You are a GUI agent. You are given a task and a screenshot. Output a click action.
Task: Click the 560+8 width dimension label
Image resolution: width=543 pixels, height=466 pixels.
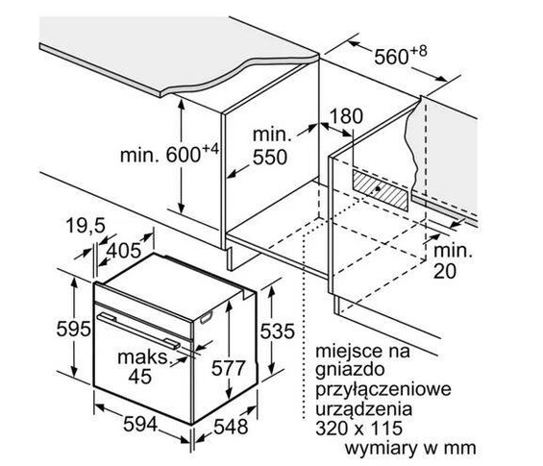401,56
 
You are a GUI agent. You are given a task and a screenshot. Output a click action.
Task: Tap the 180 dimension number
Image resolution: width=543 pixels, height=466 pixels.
345,116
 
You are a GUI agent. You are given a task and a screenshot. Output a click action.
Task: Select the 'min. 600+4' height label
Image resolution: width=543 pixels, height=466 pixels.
169,154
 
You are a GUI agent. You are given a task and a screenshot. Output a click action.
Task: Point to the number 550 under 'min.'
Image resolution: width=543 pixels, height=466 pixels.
270,158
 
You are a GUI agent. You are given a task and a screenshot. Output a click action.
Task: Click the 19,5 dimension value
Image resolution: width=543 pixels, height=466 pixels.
86,226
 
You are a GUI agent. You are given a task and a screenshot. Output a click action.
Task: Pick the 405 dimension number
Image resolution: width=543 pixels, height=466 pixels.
123,251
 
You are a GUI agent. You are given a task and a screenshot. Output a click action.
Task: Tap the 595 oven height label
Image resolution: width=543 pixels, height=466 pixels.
73,329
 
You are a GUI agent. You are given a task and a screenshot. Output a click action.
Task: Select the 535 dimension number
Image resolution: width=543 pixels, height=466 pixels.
278,331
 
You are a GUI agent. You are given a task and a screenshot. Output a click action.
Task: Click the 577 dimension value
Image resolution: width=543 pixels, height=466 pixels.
229,368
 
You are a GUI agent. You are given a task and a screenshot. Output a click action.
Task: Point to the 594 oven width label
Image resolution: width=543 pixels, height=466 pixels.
140,424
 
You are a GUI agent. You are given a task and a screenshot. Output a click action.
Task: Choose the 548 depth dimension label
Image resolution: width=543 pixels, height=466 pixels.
231,427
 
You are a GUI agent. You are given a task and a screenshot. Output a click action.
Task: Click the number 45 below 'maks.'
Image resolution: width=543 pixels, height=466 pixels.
140,376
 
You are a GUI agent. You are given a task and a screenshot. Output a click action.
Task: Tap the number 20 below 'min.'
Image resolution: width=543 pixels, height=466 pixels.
445,271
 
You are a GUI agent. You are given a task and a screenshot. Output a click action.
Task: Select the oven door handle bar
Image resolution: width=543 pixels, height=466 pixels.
138,330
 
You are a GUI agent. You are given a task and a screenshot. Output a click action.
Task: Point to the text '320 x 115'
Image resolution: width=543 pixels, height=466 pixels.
358,428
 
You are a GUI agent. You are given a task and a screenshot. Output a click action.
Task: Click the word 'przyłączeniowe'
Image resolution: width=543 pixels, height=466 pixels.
383,389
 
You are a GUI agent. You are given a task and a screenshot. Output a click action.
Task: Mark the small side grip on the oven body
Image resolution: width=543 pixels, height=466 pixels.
206,317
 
